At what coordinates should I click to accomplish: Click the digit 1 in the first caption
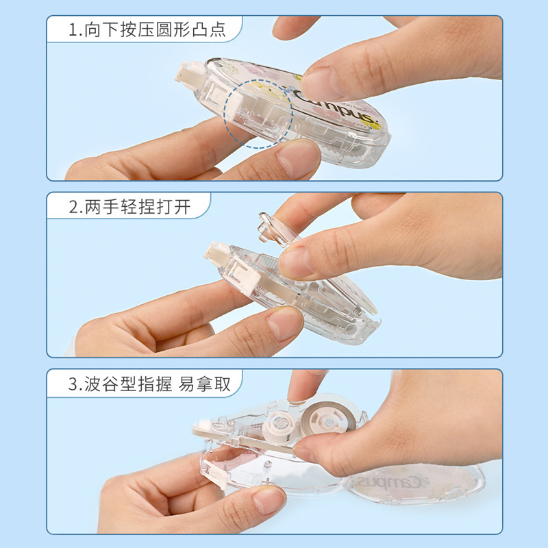pyautogui.click(x=73, y=30)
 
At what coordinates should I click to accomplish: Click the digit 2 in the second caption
pyautogui.click(x=74, y=206)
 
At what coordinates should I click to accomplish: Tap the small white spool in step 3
pyautogui.click(x=279, y=425)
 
